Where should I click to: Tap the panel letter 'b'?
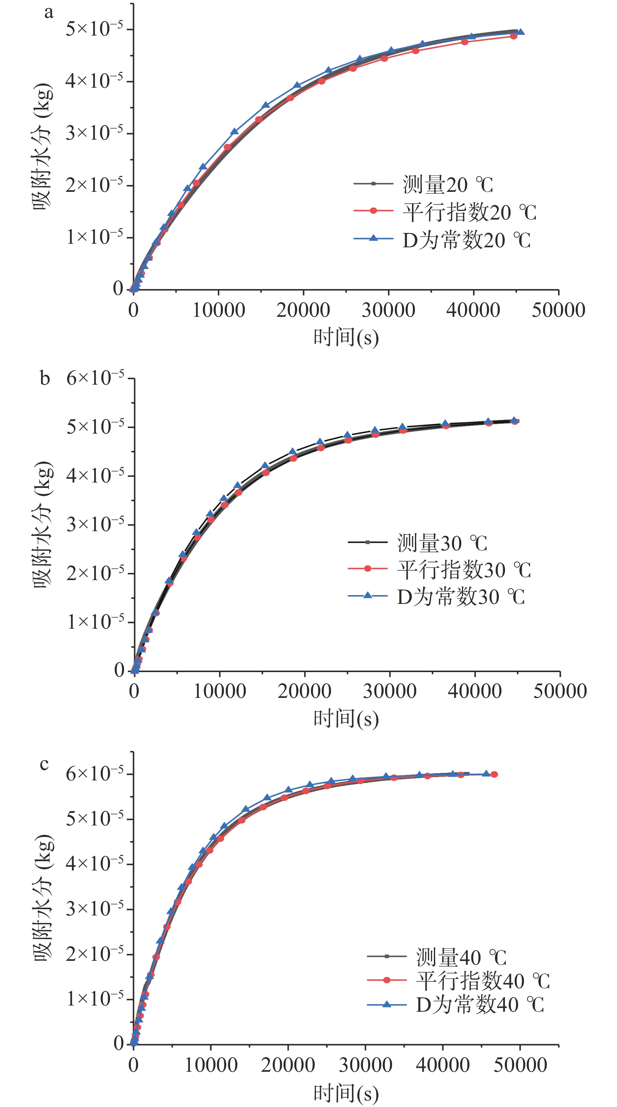(x=45, y=378)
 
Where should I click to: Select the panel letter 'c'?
(x=44, y=764)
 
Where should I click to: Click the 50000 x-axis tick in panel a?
(x=558, y=310)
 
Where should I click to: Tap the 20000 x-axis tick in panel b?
(x=304, y=691)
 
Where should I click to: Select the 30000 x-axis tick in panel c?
(x=366, y=1065)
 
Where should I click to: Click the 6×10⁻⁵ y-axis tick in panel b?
(x=95, y=378)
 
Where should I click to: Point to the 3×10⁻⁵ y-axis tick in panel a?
(x=94, y=133)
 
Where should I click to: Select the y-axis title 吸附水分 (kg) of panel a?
(x=43, y=146)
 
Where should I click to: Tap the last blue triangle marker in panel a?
(x=520, y=32)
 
